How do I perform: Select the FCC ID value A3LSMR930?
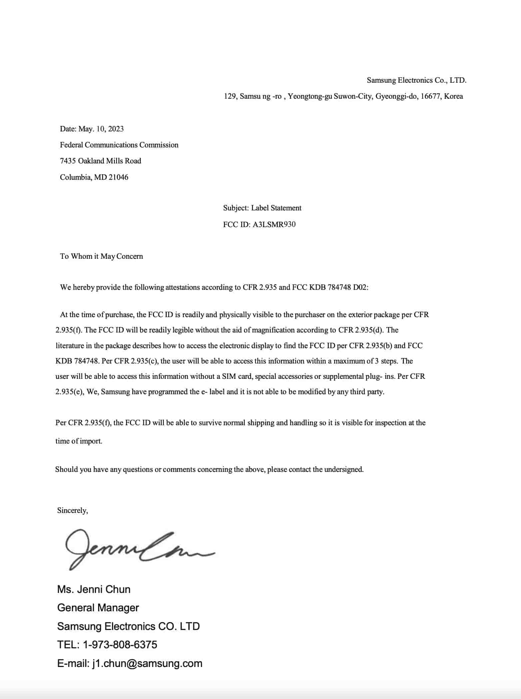[x=274, y=224]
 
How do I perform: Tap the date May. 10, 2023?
[x=101, y=129]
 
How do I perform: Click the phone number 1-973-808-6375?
[x=120, y=644]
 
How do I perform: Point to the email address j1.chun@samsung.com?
[x=147, y=663]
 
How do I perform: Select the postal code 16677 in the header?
[x=430, y=96]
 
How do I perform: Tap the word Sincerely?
[x=72, y=510]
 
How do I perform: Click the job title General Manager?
[x=98, y=607]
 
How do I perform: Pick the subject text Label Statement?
[x=276, y=208]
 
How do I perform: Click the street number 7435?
[x=68, y=161]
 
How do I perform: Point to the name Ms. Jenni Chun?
[x=94, y=589]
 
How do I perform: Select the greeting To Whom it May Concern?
[x=101, y=256]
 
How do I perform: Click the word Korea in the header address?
[x=453, y=96]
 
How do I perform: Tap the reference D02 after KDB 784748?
[x=360, y=287]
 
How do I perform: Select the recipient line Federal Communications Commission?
[x=119, y=145]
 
